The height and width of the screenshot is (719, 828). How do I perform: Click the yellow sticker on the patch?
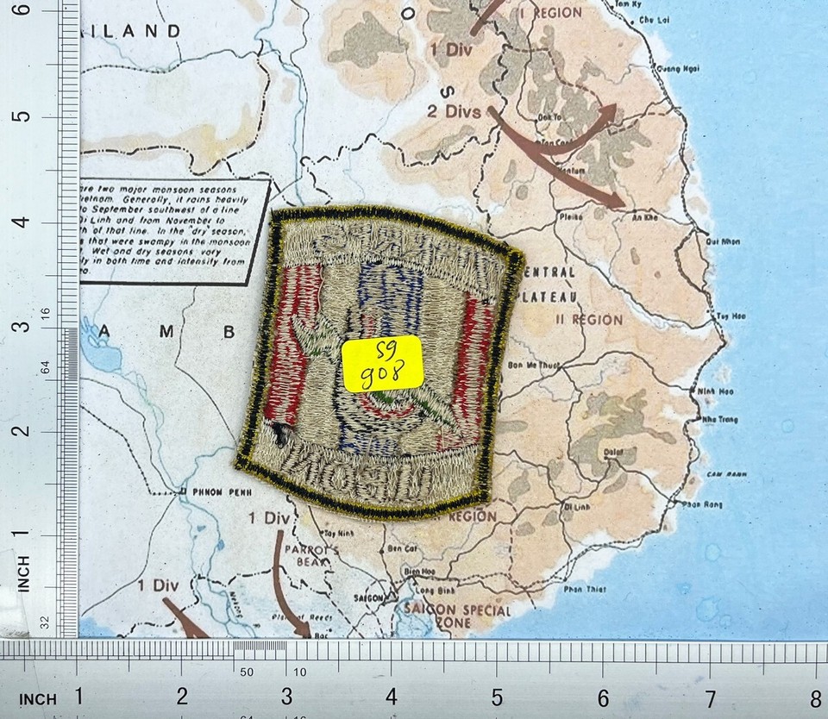coord(382,363)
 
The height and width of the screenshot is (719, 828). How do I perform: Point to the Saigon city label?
coord(369,598)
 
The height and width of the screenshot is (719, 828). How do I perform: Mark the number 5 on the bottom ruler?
coord(497,695)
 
